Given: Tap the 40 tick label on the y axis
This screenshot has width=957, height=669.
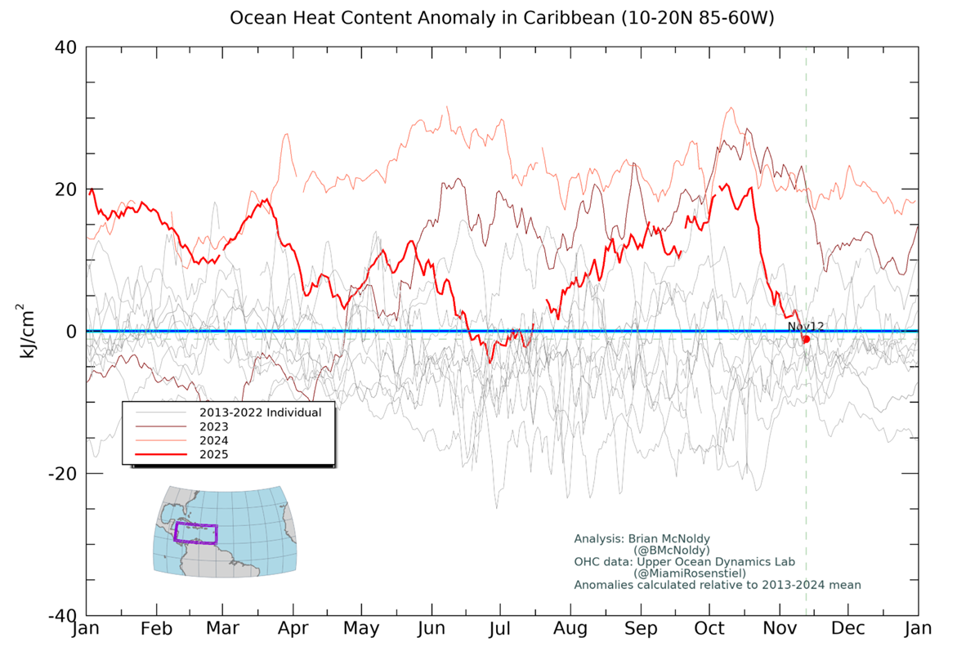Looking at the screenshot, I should [66, 47].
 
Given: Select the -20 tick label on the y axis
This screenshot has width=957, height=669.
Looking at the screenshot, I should [62, 474].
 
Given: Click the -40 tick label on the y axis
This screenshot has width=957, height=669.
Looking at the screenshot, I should [62, 615].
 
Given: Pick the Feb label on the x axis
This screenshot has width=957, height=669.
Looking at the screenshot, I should [155, 629].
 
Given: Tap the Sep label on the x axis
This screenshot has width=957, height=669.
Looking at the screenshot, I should [641, 629].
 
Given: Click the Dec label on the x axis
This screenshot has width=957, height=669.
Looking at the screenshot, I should [848, 629].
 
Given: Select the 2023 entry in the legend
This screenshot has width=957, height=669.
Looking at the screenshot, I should [213, 426].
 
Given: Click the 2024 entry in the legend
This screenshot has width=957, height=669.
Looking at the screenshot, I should [213, 440].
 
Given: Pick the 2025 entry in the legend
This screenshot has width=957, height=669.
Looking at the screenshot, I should [213, 454].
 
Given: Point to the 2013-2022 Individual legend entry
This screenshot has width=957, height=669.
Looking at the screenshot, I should [260, 413].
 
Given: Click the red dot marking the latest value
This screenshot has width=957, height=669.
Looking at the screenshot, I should [806, 339].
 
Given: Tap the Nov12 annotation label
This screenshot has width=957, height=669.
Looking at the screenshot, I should [806, 327].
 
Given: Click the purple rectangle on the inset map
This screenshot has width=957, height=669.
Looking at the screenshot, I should [195, 533].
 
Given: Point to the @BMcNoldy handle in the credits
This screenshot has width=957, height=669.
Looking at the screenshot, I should [671, 551].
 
